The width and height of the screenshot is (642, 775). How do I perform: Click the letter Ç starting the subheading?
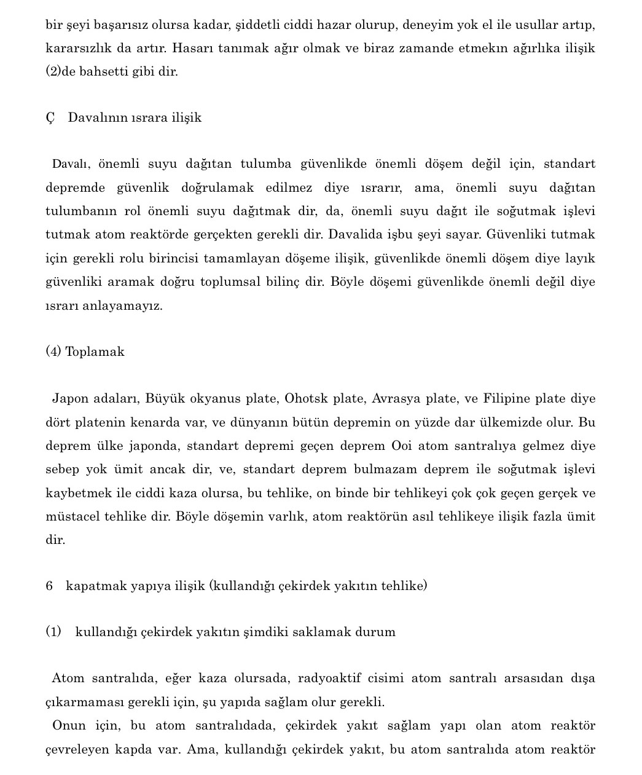50,118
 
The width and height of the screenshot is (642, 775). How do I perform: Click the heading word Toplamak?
95,352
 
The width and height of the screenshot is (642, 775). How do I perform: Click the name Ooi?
401,446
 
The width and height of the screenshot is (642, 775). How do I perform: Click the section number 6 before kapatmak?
49,586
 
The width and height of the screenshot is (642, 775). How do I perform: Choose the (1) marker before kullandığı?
53,632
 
